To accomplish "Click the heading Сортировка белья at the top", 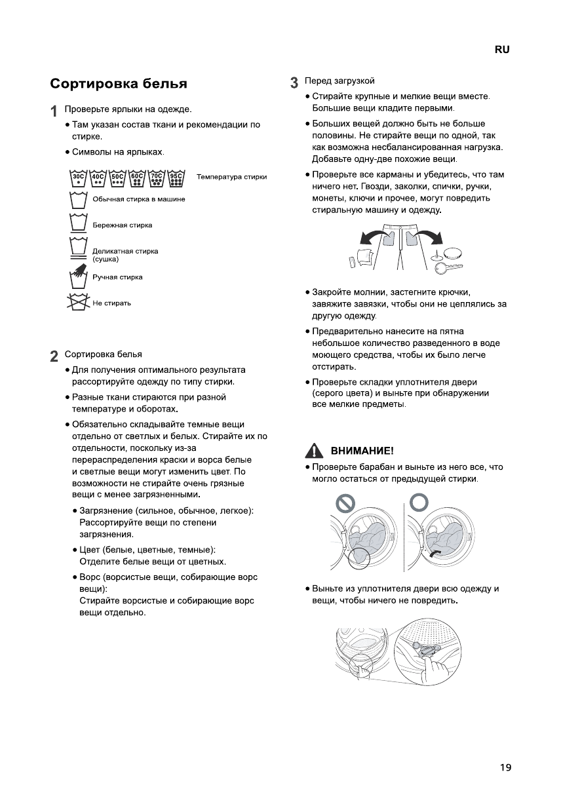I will click(x=119, y=84).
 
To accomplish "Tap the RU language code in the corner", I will click(x=502, y=50).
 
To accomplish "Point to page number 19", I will click(x=504, y=767).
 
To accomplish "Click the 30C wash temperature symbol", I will click(x=79, y=179).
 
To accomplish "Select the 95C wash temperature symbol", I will click(x=176, y=179).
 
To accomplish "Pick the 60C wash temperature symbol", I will click(x=137, y=179).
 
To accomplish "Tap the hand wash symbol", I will click(x=79, y=277).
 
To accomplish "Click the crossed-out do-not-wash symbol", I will click(x=79, y=303).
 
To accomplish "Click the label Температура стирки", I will click(x=231, y=177).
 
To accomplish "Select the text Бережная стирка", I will click(x=122, y=225).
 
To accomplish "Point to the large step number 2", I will click(x=54, y=357).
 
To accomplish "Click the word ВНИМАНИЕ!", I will click(x=362, y=451).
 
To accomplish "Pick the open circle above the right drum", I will click(x=419, y=502).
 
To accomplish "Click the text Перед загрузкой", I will click(x=339, y=81).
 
